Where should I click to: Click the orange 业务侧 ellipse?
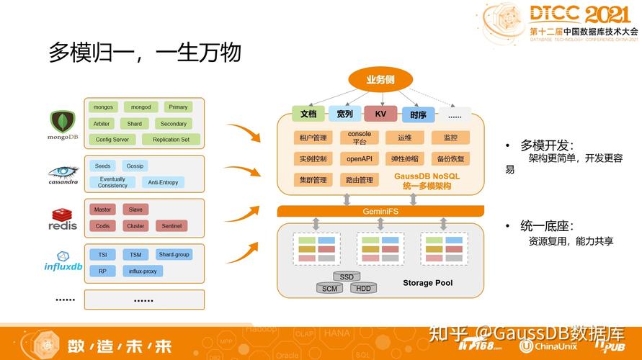click(380, 80)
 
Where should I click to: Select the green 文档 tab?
click(308, 114)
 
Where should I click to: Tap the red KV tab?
click(380, 114)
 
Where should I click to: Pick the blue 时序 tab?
click(418, 114)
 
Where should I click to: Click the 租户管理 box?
click(313, 138)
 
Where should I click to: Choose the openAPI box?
click(359, 158)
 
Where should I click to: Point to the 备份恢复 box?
click(450, 158)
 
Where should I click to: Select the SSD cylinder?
click(347, 276)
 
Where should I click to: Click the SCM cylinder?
click(329, 289)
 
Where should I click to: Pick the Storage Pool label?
click(427, 283)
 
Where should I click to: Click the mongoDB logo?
click(63, 125)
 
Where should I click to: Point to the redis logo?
click(63, 219)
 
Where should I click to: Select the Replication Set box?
click(171, 140)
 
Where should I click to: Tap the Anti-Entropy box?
click(163, 182)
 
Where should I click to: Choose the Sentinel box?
click(171, 226)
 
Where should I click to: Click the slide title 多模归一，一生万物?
click(144, 52)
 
